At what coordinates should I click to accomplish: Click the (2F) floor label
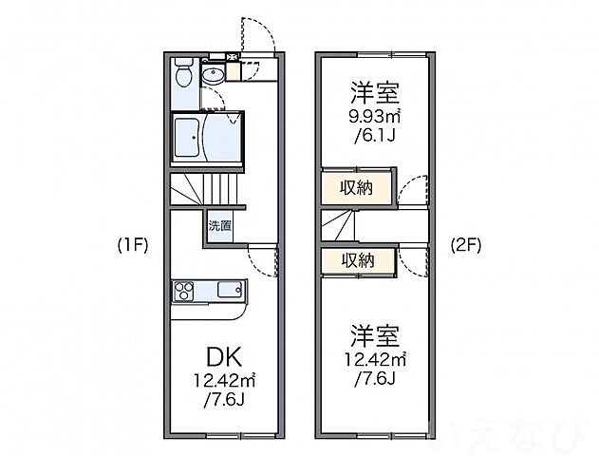(x=465, y=245)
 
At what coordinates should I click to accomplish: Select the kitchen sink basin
(x=229, y=290)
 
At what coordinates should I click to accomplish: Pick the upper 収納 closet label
(x=357, y=188)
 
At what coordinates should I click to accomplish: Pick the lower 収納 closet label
(x=357, y=259)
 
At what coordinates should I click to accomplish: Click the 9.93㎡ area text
(x=373, y=119)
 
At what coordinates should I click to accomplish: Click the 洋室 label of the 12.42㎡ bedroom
(x=373, y=335)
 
